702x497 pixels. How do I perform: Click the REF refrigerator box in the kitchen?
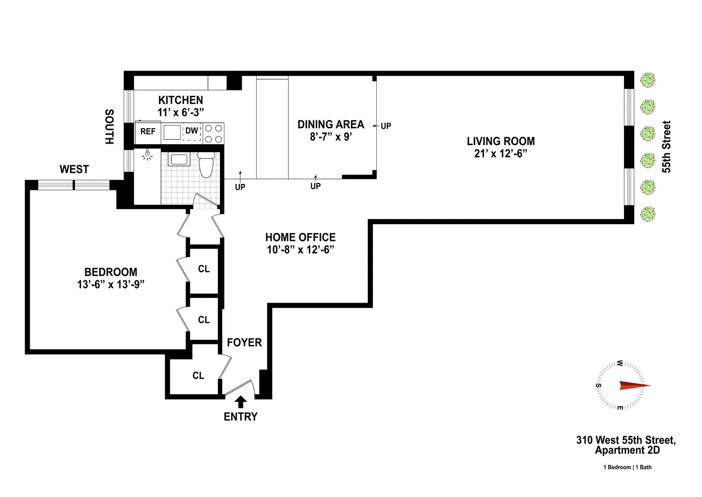point(148,132)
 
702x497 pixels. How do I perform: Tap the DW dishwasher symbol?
point(192,132)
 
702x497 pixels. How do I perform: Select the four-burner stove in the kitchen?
point(213,133)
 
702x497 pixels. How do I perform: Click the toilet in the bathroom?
point(206,165)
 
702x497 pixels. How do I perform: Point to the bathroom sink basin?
point(179,160)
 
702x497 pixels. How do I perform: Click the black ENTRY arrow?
point(241,402)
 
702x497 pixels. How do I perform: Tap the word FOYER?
point(244,342)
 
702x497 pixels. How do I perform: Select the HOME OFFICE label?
point(300,237)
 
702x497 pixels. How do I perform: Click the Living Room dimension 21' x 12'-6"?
point(501,154)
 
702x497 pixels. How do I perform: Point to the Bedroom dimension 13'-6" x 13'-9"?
point(111,284)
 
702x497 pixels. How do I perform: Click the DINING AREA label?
point(331,125)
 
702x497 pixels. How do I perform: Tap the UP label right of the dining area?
point(386,126)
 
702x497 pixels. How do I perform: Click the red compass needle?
point(635,386)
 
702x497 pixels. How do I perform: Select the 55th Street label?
point(666,147)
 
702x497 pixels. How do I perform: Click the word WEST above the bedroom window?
point(74,169)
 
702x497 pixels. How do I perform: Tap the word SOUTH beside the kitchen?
point(109,127)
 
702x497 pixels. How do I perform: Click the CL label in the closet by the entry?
point(199,375)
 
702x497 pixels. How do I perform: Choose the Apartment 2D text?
point(628,450)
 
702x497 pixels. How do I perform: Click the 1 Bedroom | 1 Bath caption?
point(628,467)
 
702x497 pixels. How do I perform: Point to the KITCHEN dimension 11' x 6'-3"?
point(181,112)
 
